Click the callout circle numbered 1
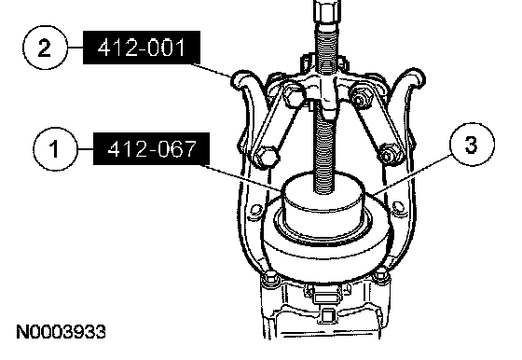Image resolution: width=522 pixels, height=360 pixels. (x=55, y=149)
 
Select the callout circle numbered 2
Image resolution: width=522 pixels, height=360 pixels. (x=45, y=48)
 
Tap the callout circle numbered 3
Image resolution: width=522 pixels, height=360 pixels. (x=472, y=145)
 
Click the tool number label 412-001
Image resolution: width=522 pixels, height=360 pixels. (x=142, y=48)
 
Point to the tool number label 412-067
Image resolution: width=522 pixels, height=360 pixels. (x=151, y=149)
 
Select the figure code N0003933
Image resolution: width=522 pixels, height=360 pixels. (x=61, y=332)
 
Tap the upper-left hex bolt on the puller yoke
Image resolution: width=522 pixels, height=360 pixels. (x=294, y=93)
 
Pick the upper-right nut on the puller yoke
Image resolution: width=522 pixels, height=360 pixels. (x=360, y=97)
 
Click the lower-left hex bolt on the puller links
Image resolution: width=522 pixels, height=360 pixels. (x=266, y=157)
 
